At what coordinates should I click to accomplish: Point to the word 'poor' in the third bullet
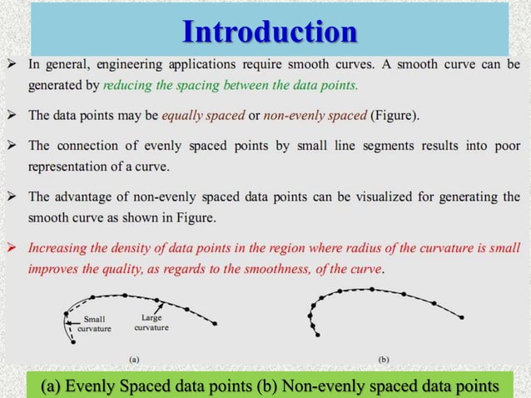click(503, 145)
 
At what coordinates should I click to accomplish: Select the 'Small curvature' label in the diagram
click(93, 323)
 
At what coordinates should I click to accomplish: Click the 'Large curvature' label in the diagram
click(151, 323)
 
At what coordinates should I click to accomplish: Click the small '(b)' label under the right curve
click(384, 360)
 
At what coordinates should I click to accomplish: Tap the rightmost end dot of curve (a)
click(216, 323)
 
